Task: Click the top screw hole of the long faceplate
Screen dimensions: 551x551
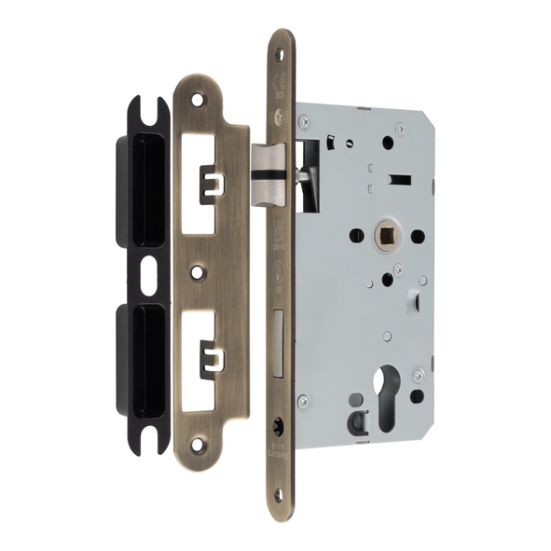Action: point(282,53)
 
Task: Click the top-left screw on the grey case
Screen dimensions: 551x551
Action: point(303,118)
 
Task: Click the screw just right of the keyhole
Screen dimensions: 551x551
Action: point(419,374)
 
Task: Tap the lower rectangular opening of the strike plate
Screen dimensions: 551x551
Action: point(210,351)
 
